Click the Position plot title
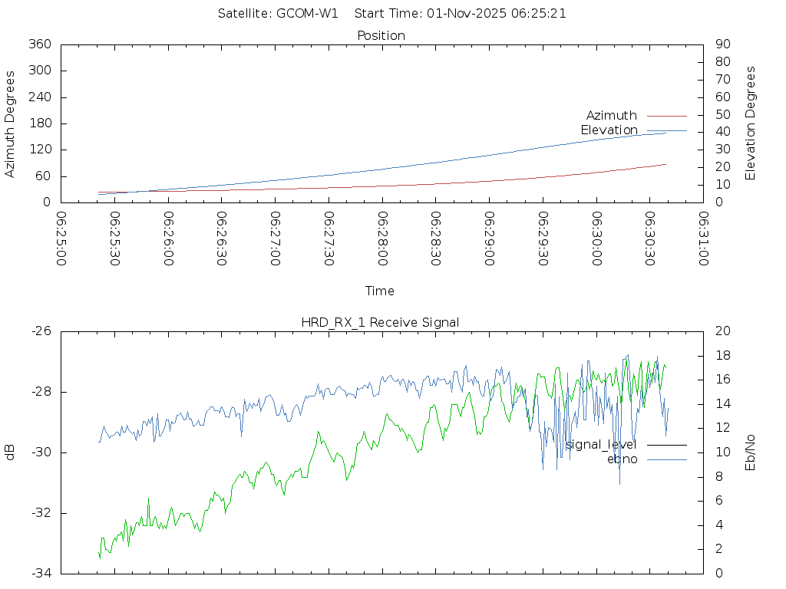(381, 35)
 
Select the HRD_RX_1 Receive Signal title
(380, 322)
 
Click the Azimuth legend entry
(612, 116)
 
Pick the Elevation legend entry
(609, 130)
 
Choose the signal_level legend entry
(601, 445)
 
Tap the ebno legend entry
(622, 459)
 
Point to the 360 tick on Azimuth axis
(39, 44)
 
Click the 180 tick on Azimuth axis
(39, 123)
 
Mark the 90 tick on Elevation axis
(722, 44)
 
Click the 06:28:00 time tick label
(381, 239)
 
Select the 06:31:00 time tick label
(703, 239)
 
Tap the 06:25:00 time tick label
(61, 239)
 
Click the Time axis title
(380, 291)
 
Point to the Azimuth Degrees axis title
(11, 123)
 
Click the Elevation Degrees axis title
(751, 123)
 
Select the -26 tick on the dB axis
(41, 331)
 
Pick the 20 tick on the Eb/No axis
(722, 331)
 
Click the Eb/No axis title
(751, 452)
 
